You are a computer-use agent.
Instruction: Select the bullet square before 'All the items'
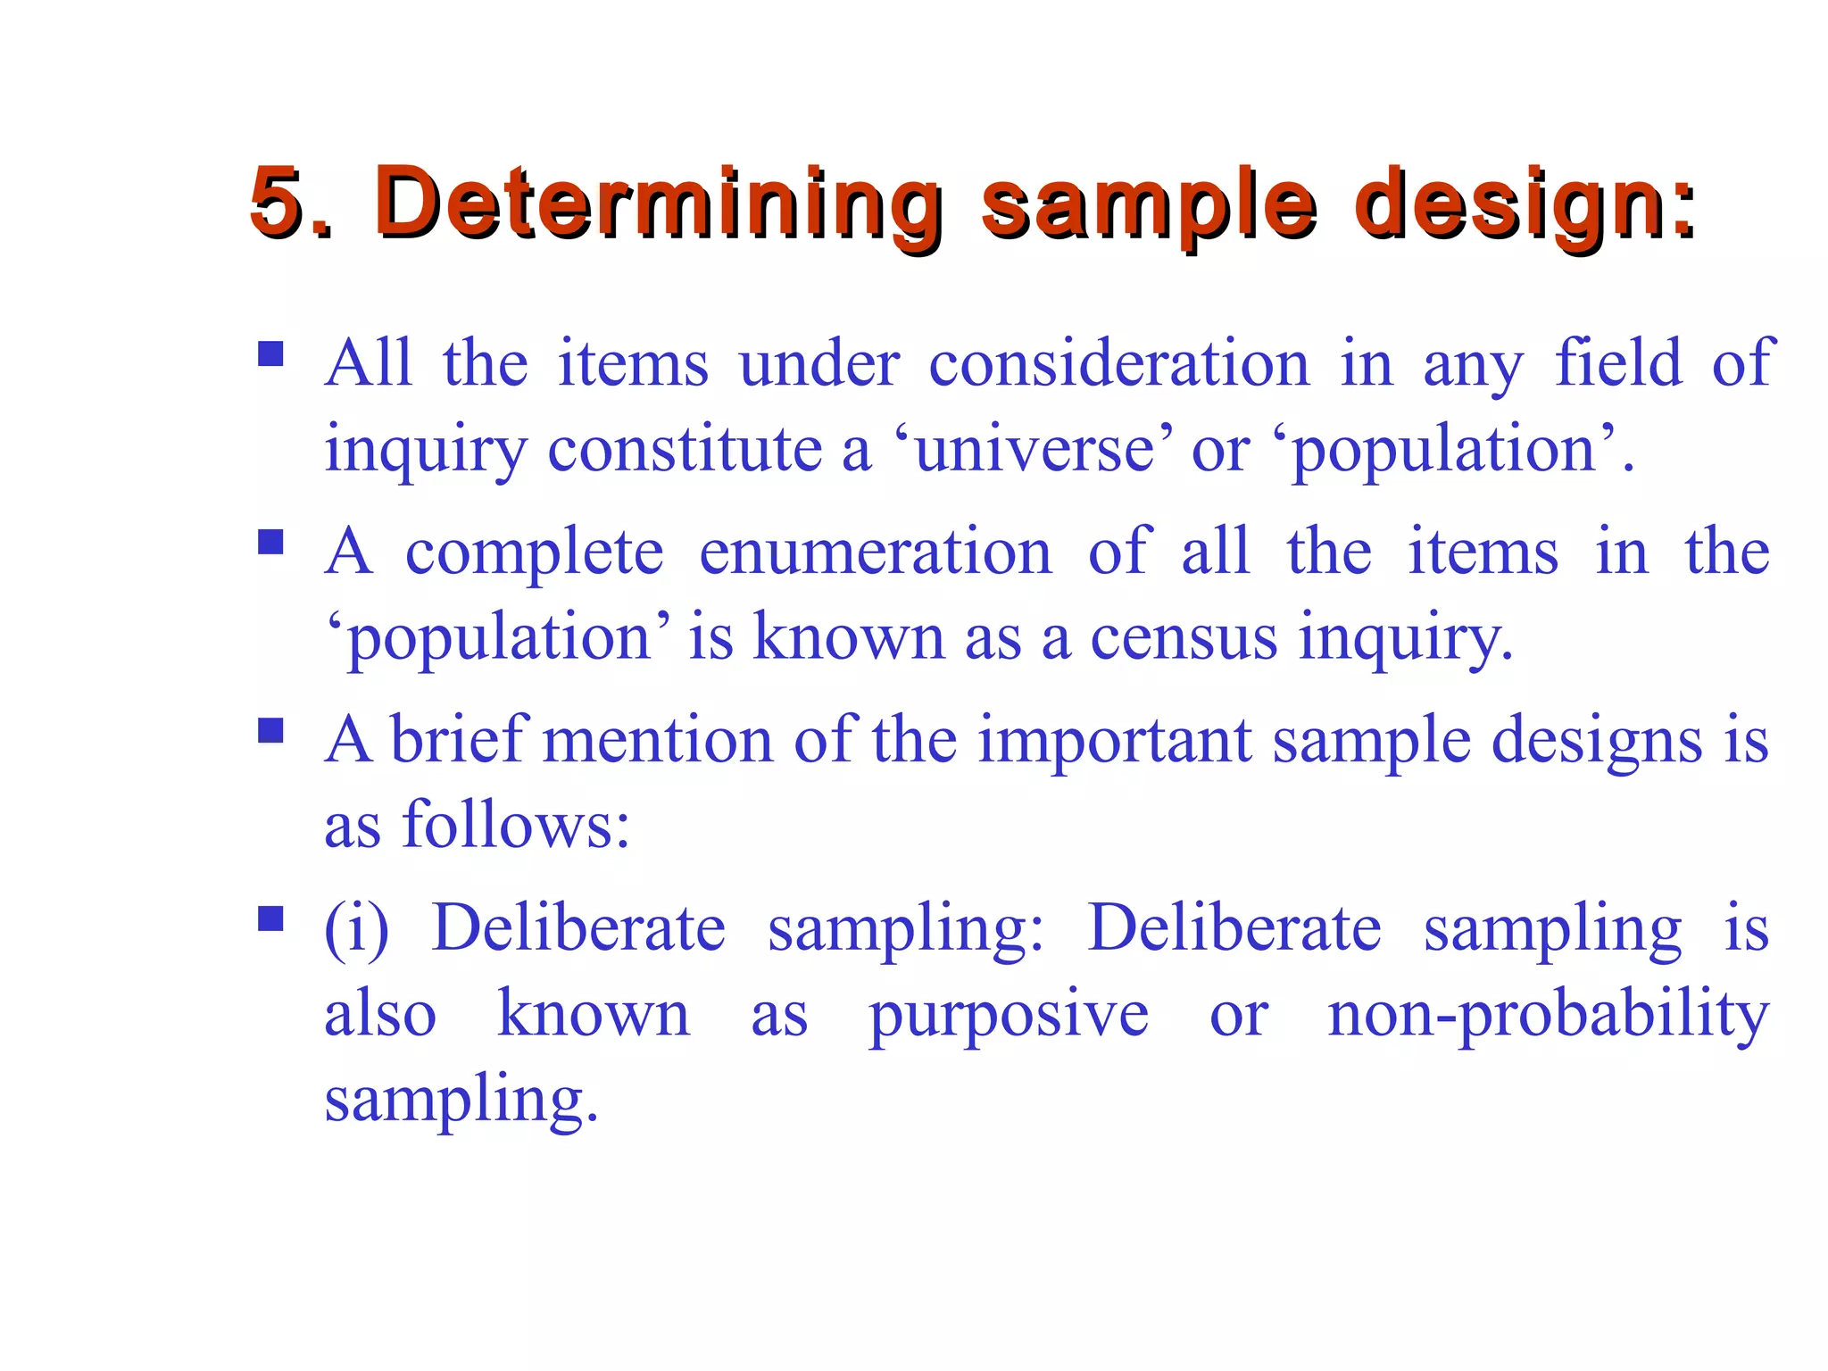270,354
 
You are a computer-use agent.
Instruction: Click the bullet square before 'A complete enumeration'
270,542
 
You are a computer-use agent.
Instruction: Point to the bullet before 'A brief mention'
270,730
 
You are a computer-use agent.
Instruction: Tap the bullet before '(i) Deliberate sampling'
270,918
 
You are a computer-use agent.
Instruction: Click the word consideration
1119,363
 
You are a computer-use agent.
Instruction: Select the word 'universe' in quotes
1034,448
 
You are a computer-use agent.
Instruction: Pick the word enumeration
876,552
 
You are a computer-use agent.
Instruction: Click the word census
1184,637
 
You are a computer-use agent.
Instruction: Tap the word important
1115,741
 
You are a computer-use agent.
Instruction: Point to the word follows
516,825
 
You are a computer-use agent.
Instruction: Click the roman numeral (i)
356,928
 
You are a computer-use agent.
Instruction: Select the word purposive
1009,1016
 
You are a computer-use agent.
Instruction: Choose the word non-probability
1548,1016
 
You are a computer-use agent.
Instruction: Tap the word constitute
685,448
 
